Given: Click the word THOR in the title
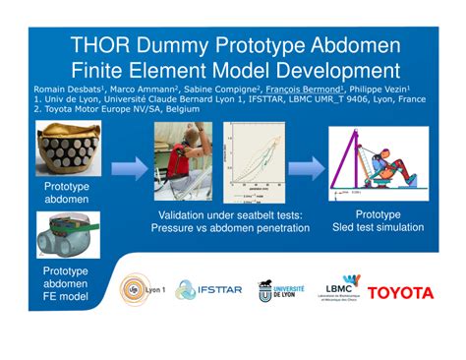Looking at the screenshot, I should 99,46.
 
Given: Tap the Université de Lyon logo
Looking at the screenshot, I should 280,291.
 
